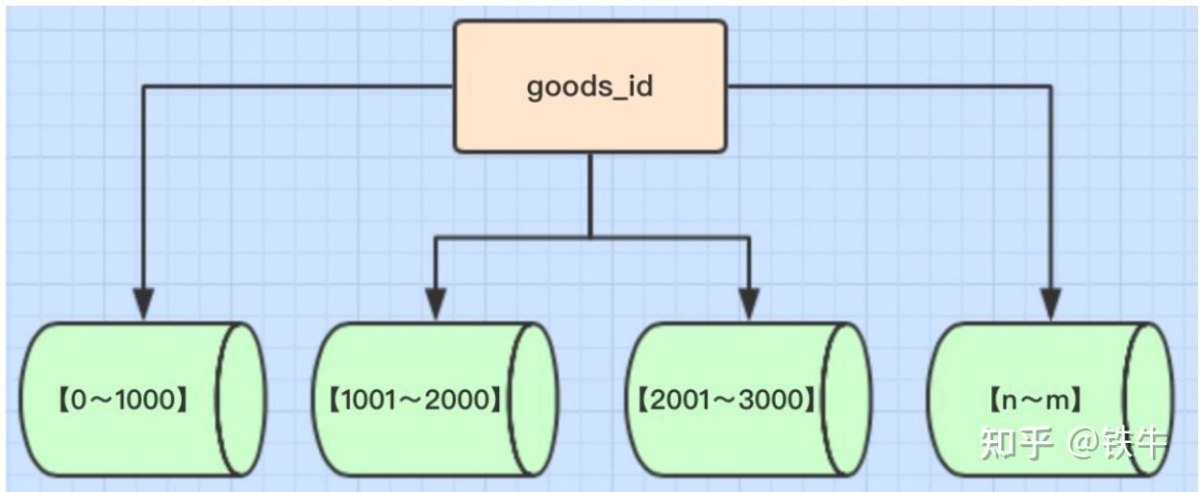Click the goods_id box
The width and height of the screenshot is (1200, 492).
point(589,86)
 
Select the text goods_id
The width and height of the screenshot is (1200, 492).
point(589,86)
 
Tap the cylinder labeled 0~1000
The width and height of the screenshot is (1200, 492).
point(135,399)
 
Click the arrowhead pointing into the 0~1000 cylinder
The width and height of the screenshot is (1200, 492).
point(143,305)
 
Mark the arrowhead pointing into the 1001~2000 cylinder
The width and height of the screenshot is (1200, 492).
point(436,305)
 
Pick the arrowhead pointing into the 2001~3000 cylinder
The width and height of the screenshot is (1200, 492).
point(748,305)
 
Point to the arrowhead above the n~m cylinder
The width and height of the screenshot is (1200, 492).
point(1050,305)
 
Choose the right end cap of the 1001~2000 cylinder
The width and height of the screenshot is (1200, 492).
point(535,399)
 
